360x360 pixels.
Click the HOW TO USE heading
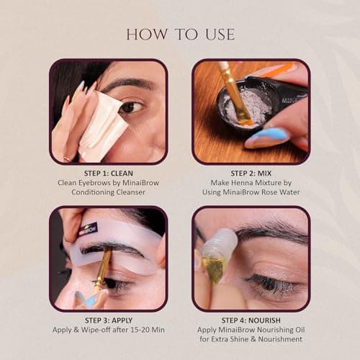coord(179,34)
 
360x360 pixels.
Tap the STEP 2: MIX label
coord(251,174)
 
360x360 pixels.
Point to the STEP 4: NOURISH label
coord(251,320)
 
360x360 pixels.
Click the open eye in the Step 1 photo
coord(130,107)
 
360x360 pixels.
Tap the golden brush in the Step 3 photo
coord(101,270)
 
